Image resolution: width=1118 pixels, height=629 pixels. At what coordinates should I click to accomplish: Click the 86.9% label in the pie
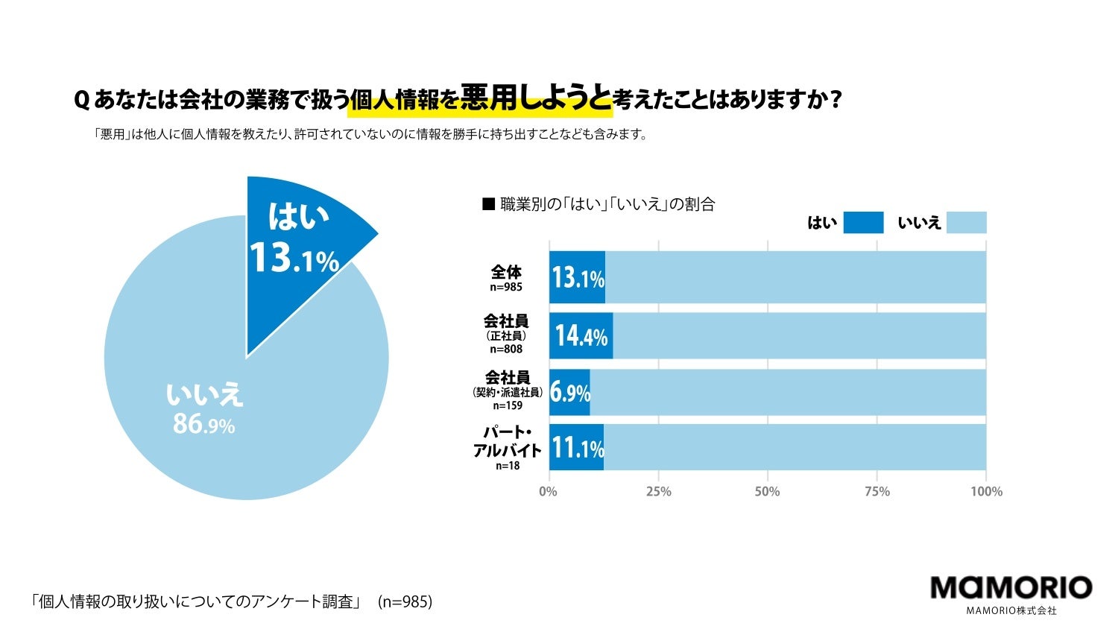[x=203, y=425]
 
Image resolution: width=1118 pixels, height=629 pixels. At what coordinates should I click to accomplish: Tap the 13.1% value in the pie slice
[x=294, y=259]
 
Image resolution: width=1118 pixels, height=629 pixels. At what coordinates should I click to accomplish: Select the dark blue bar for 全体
[x=577, y=277]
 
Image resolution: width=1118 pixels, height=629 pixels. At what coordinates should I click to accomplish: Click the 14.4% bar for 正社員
[x=581, y=336]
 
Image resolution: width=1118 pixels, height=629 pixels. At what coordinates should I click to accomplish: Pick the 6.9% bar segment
[x=569, y=392]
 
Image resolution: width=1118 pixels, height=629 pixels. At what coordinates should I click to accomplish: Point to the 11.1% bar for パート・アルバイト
[x=576, y=448]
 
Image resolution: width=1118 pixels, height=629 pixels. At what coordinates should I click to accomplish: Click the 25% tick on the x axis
[x=658, y=492]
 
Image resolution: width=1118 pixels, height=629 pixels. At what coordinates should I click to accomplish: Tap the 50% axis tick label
[x=767, y=492]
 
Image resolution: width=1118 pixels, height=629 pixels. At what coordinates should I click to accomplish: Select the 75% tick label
[x=877, y=492]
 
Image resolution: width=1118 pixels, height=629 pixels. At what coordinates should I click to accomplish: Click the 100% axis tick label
[x=986, y=492]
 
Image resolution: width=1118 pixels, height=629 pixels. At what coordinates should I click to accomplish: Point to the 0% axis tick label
[x=548, y=492]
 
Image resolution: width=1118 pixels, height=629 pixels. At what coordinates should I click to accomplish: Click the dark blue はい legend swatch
[x=863, y=223]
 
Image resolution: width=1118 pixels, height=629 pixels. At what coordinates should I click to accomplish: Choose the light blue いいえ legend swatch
[x=966, y=223]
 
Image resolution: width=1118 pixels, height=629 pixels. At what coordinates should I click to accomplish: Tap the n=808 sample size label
[x=506, y=349]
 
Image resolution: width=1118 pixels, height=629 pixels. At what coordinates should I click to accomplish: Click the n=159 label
[x=508, y=406]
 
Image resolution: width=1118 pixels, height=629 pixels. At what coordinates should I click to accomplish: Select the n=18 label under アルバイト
[x=508, y=466]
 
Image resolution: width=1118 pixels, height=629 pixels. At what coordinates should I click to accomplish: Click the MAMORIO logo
[x=1011, y=589]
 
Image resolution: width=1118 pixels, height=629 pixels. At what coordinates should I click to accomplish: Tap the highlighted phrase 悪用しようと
[x=535, y=99]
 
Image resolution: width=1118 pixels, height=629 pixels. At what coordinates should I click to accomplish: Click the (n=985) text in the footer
[x=405, y=601]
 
